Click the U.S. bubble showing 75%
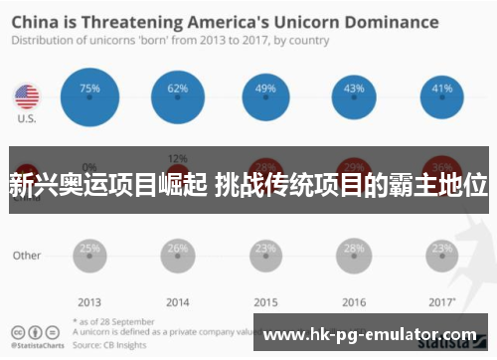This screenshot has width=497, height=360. click(89, 96)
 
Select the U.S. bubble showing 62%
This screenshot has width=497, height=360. click(177, 96)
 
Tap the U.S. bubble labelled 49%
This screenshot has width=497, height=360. click(265, 96)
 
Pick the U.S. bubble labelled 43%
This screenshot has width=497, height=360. click(354, 96)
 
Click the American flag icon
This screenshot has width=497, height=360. click(26, 96)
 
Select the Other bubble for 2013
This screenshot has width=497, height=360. click(89, 255)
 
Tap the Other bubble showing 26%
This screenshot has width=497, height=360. click(177, 255)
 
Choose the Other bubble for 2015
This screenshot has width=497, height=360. click(265, 255)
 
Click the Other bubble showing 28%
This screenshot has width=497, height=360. click(354, 255)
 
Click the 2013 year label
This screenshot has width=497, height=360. click(89, 302)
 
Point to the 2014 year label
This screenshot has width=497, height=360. click(177, 302)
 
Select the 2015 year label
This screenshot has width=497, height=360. click(265, 302)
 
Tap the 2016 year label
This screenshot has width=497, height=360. click(354, 302)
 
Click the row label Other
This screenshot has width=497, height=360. click(27, 256)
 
